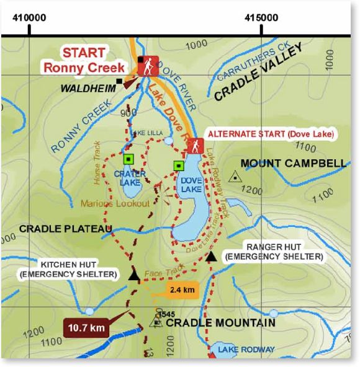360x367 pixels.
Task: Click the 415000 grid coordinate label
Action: pyautogui.click(x=261, y=17)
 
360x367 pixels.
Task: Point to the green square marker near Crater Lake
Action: pyautogui.click(x=128, y=159)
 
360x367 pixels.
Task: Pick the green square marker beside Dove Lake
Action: pyautogui.click(x=179, y=166)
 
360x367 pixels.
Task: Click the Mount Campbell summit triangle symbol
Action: pyautogui.click(x=234, y=177)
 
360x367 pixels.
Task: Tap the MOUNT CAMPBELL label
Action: pyautogui.click(x=293, y=164)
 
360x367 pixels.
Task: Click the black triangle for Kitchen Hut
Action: pyautogui.click(x=133, y=275)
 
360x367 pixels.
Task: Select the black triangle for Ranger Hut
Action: pyautogui.click(x=211, y=255)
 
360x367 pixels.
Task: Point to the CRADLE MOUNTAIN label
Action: pyautogui.click(x=220, y=323)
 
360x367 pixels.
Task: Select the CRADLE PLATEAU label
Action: pyautogui.click(x=65, y=229)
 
